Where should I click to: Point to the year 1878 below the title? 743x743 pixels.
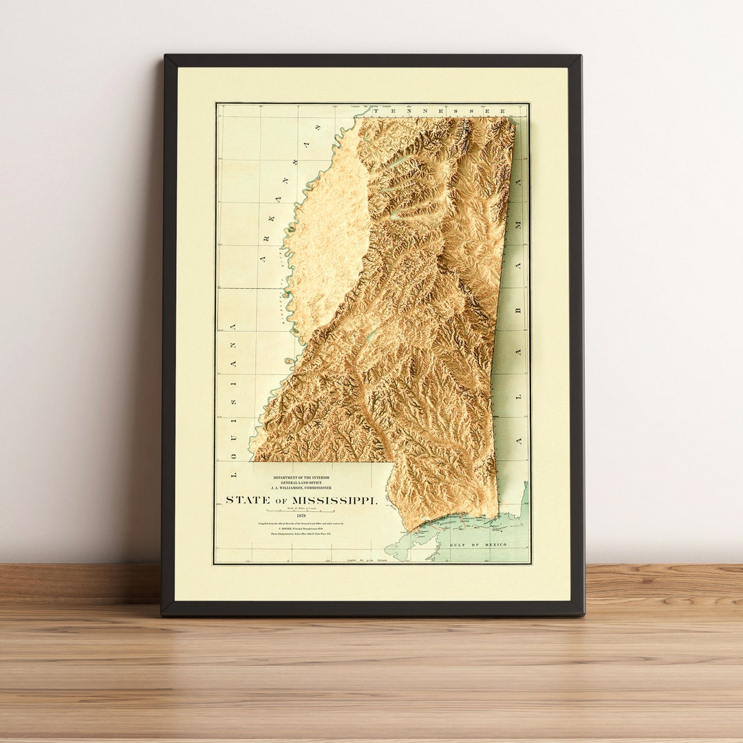[301, 516]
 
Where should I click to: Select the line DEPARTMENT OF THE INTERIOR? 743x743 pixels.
[301, 477]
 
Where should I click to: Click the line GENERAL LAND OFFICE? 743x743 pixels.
[301, 483]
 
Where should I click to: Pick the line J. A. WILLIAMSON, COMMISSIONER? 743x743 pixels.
[301, 488]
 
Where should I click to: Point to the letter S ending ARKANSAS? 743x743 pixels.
[318, 128]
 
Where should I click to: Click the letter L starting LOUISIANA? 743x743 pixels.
[233, 474]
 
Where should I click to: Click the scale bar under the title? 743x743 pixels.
[301, 511]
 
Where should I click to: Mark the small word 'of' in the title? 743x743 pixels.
[280, 501]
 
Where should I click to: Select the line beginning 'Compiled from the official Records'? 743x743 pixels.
[301, 524]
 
